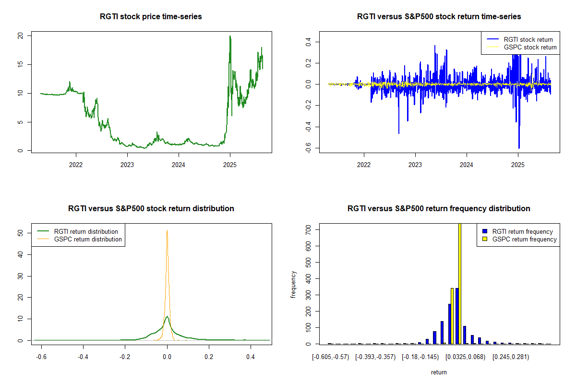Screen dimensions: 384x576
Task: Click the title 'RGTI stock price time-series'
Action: tap(151, 17)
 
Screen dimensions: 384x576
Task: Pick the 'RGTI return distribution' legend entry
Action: tap(86, 232)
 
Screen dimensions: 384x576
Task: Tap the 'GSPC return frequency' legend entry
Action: tap(524, 239)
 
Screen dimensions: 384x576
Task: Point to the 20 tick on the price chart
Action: tap(21, 36)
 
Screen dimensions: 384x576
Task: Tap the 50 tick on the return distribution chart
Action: tap(21, 233)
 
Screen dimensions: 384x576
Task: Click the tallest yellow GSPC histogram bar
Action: tap(459, 283)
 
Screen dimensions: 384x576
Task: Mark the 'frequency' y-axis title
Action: tap(294, 285)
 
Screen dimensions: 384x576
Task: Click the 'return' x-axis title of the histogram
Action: tap(439, 372)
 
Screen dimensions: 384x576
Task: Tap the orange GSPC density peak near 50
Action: tap(167, 231)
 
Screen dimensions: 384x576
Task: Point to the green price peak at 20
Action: tap(230, 36)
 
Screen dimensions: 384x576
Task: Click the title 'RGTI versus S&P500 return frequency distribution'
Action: tap(439, 209)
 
